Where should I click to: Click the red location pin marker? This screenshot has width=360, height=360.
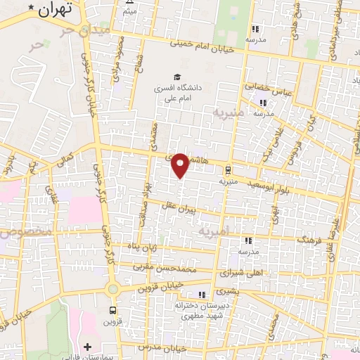tap(181, 165)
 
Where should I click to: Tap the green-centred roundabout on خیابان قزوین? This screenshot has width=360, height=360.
tap(112, 288)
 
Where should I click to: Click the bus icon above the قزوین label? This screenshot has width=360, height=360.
tap(112, 310)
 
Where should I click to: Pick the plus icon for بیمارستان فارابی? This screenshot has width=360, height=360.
tap(87, 347)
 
